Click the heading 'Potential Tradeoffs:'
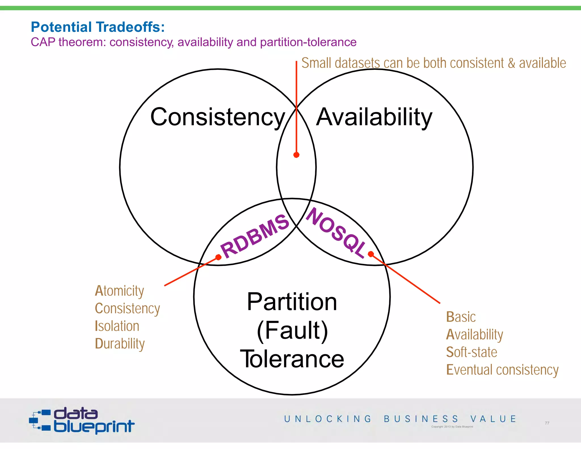[x=98, y=27]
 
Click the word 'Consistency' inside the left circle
[x=218, y=117]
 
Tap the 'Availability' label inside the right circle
[x=374, y=117]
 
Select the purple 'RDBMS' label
[x=255, y=236]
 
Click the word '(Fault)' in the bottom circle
[x=292, y=330]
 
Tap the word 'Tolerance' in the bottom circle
[x=292, y=359]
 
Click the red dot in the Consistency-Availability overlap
[x=296, y=155]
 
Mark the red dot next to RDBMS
[x=218, y=257]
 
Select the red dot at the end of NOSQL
[x=371, y=254]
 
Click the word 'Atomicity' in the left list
[x=119, y=291]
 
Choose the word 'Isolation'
[x=117, y=326]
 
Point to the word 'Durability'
[x=120, y=344]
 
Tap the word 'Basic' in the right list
[x=461, y=317]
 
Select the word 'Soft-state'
[x=471, y=352]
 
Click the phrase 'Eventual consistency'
[x=502, y=370]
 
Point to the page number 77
[x=547, y=423]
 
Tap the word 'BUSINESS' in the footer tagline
[x=421, y=419]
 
